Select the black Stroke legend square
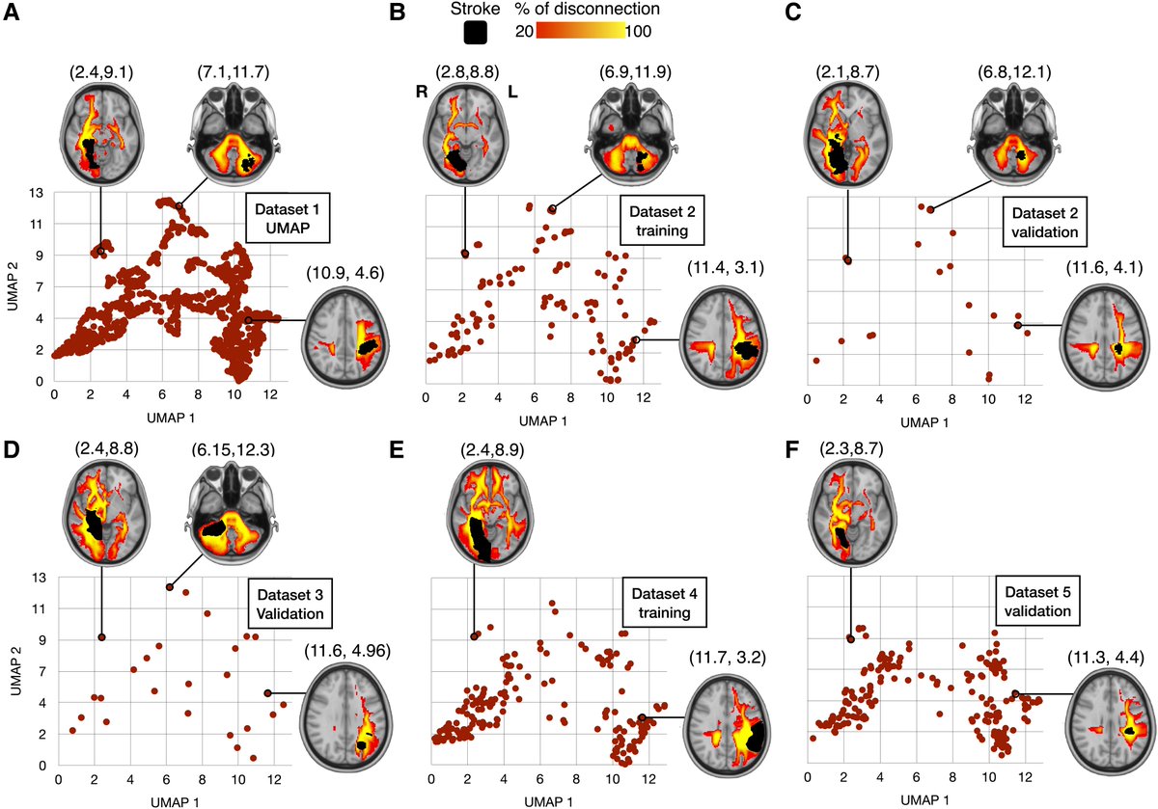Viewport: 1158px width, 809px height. point(475,33)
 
